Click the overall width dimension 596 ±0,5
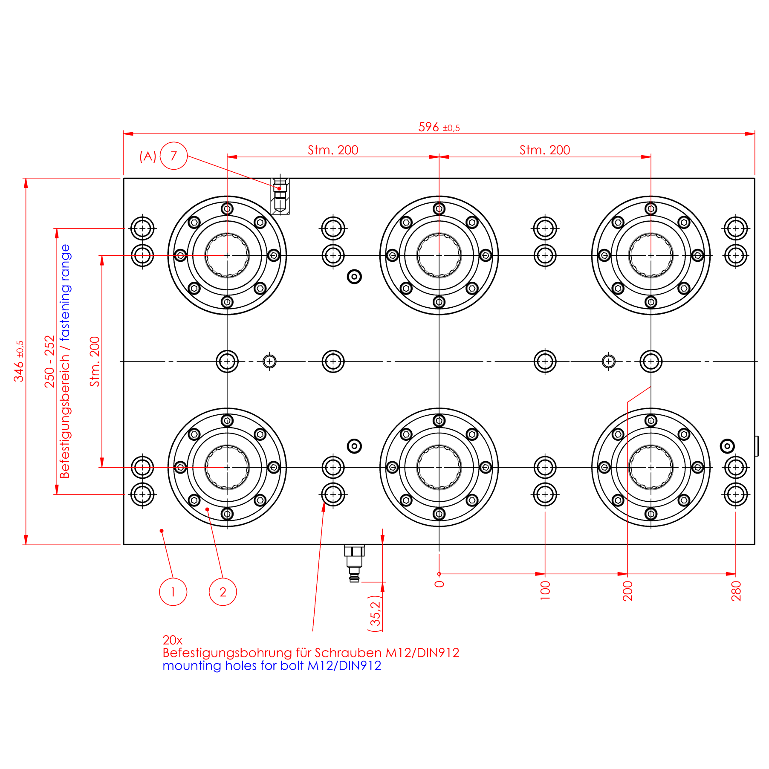tap(439, 127)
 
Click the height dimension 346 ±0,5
tap(19, 361)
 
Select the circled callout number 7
tap(173, 156)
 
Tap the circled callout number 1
tap(173, 592)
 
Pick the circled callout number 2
tap(223, 592)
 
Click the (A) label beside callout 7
tap(147, 156)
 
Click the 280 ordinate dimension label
tap(736, 591)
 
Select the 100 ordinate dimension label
tap(545, 591)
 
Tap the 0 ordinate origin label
tap(439, 584)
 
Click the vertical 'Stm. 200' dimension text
tap(95, 361)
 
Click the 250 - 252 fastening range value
tap(49, 361)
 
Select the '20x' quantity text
tap(172, 640)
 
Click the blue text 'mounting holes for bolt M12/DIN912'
tap(272, 666)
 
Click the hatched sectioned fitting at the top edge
tap(280, 197)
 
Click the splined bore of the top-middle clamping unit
tap(439, 255)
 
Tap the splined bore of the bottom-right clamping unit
tap(650, 467)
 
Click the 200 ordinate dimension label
tap(627, 591)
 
